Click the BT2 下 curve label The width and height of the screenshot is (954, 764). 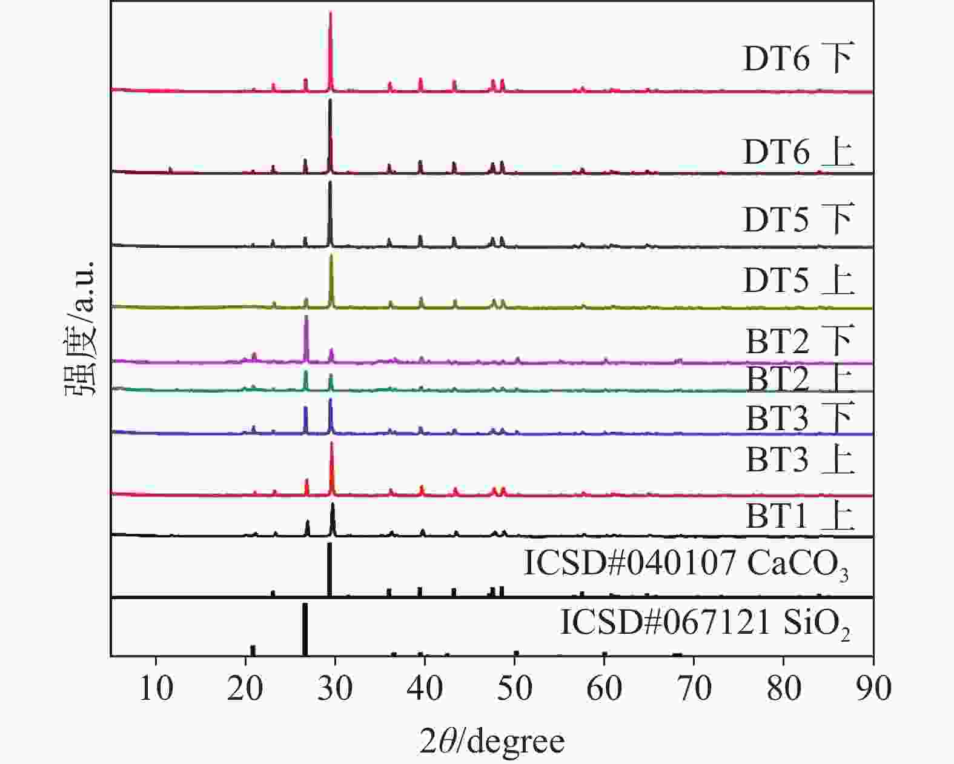800,341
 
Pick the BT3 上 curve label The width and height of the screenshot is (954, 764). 800,460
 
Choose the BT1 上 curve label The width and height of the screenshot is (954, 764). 800,517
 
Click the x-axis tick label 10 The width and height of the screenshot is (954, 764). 156,688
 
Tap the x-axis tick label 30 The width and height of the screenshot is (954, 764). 336,688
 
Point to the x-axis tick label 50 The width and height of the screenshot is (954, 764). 515,688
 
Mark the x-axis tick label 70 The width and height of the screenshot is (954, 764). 694,688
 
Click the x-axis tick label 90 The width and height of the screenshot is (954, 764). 873,688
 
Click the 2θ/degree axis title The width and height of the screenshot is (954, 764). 492,741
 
